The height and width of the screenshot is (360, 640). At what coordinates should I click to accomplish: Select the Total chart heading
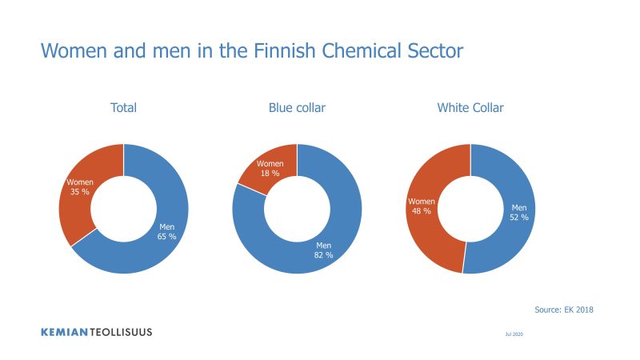[124, 108]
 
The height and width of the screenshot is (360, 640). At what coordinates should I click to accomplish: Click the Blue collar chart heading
[297, 108]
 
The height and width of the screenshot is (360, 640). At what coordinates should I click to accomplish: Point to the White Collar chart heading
[470, 108]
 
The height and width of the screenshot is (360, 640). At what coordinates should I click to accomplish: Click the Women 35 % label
[79, 187]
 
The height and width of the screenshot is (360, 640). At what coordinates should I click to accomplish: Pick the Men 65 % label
[166, 231]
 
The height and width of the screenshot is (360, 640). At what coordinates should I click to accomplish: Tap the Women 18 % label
[270, 169]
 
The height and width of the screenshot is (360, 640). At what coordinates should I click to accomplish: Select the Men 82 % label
[323, 250]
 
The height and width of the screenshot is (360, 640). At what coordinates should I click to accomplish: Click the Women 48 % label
[422, 206]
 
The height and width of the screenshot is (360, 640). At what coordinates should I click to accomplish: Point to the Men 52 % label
[518, 213]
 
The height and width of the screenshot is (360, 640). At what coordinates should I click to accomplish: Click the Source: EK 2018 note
[564, 310]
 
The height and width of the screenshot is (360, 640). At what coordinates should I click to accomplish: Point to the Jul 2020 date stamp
[514, 334]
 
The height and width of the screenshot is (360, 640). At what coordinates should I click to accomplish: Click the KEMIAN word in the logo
[65, 332]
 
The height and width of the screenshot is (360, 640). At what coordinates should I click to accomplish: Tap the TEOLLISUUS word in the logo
[121, 332]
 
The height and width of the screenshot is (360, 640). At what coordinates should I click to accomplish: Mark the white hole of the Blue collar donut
[297, 209]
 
